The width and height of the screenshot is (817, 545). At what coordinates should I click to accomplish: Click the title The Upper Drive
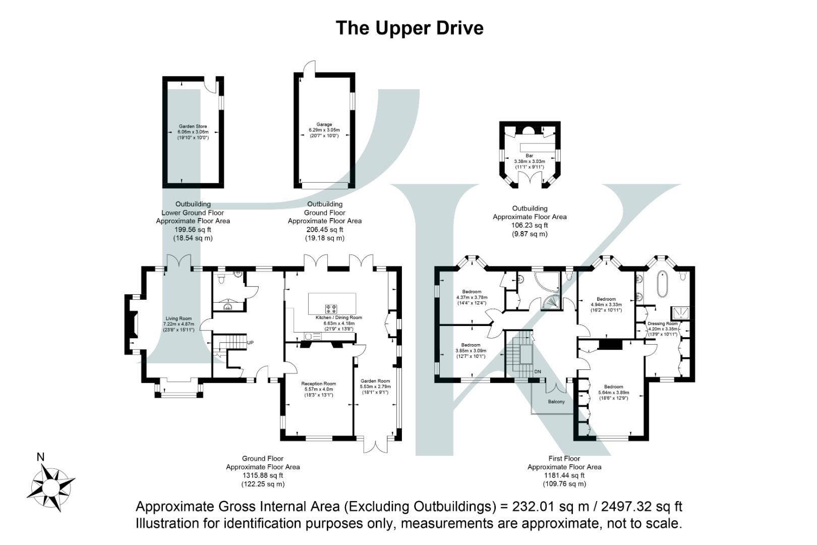coord(409,28)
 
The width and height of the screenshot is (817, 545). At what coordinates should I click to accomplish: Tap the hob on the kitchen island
coord(331,308)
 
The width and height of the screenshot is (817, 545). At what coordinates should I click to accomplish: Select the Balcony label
coord(556,402)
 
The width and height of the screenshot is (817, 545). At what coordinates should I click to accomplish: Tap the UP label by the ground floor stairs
coord(250,343)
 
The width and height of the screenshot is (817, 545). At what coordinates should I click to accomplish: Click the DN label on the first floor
coord(538,372)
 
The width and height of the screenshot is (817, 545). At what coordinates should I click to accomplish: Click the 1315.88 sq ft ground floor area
coord(263,475)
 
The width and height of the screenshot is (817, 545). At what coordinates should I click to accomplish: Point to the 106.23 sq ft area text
coord(530,226)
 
